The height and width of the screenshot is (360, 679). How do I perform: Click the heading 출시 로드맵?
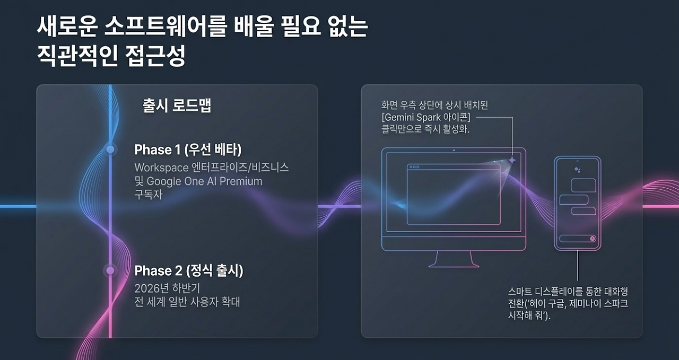(x=177, y=105)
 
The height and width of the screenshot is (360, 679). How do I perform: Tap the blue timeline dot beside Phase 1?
(x=110, y=149)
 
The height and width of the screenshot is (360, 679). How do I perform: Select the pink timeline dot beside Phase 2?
(x=110, y=270)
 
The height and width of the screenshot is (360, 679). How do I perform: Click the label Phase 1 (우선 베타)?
(x=188, y=150)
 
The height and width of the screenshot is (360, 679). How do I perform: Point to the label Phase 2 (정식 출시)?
(x=188, y=270)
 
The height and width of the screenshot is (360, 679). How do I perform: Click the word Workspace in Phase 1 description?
(x=162, y=168)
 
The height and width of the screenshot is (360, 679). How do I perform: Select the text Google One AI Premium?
(x=205, y=181)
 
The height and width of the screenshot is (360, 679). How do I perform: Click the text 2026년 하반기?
(x=167, y=288)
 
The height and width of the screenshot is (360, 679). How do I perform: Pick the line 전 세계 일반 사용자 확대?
(x=187, y=302)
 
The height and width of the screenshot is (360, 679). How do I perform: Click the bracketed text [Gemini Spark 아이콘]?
(x=426, y=117)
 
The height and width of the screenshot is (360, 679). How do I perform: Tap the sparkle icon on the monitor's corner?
(x=512, y=160)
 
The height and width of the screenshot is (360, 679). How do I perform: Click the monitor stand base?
(x=454, y=266)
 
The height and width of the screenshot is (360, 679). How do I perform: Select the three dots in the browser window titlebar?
(x=414, y=167)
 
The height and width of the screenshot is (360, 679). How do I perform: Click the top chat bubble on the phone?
(x=584, y=186)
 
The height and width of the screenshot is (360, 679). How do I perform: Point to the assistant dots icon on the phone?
(x=578, y=170)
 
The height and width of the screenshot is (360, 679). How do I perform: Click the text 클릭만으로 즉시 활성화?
(x=425, y=129)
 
